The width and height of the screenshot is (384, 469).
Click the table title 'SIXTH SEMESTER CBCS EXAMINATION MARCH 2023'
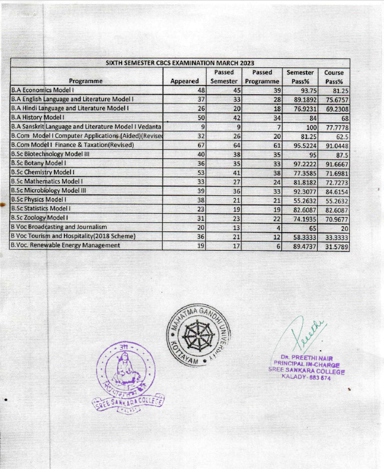[x=180, y=63]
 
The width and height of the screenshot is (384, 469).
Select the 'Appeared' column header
[x=184, y=81]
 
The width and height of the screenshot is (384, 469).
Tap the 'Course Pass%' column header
[x=334, y=77]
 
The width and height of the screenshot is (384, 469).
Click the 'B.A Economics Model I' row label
[x=44, y=90]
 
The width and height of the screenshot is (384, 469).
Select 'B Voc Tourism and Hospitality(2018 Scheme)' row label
[x=73, y=236]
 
